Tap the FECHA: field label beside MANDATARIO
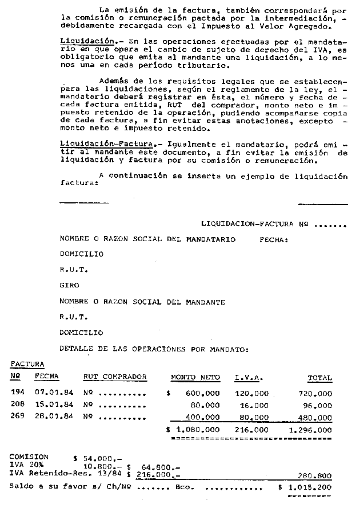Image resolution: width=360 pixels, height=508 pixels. coord(274,240)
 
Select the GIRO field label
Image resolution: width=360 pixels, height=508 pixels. coord(69,285)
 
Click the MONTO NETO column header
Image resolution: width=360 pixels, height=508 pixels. coord(195,377)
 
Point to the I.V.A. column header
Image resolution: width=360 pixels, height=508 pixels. coord(249,377)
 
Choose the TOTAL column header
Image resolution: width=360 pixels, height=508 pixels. coord(319,378)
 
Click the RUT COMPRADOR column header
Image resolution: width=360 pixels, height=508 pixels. coord(115,377)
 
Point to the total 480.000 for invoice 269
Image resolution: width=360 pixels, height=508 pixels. coord(315,417)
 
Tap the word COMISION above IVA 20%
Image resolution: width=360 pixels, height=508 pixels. coord(29,457)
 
